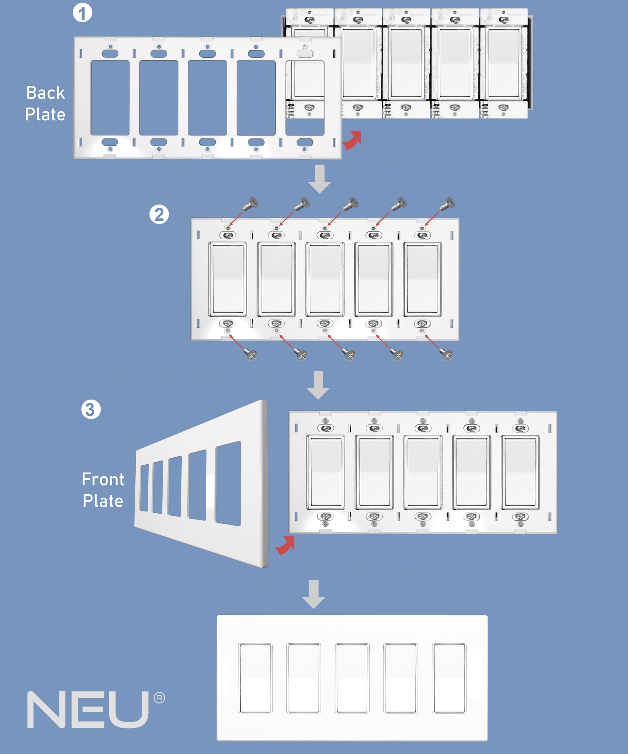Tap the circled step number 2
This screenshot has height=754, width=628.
(159, 215)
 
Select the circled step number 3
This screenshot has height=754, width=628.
(91, 409)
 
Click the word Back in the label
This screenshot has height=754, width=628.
(45, 93)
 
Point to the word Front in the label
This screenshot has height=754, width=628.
(103, 479)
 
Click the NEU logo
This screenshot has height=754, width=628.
(88, 709)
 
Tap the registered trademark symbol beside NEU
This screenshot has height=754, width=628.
(159, 698)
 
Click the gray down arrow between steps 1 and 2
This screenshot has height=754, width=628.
(320, 179)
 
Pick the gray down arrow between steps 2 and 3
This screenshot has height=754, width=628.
(318, 385)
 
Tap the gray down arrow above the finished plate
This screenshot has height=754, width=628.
(313, 594)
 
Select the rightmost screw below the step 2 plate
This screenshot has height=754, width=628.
(447, 355)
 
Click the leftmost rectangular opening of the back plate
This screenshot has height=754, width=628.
(110, 98)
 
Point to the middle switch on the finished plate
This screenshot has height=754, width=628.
(352, 678)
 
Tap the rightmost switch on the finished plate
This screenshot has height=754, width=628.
(449, 678)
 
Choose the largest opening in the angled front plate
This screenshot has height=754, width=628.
(228, 483)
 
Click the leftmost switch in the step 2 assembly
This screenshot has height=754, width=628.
(228, 279)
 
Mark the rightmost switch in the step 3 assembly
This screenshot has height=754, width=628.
(520, 472)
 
